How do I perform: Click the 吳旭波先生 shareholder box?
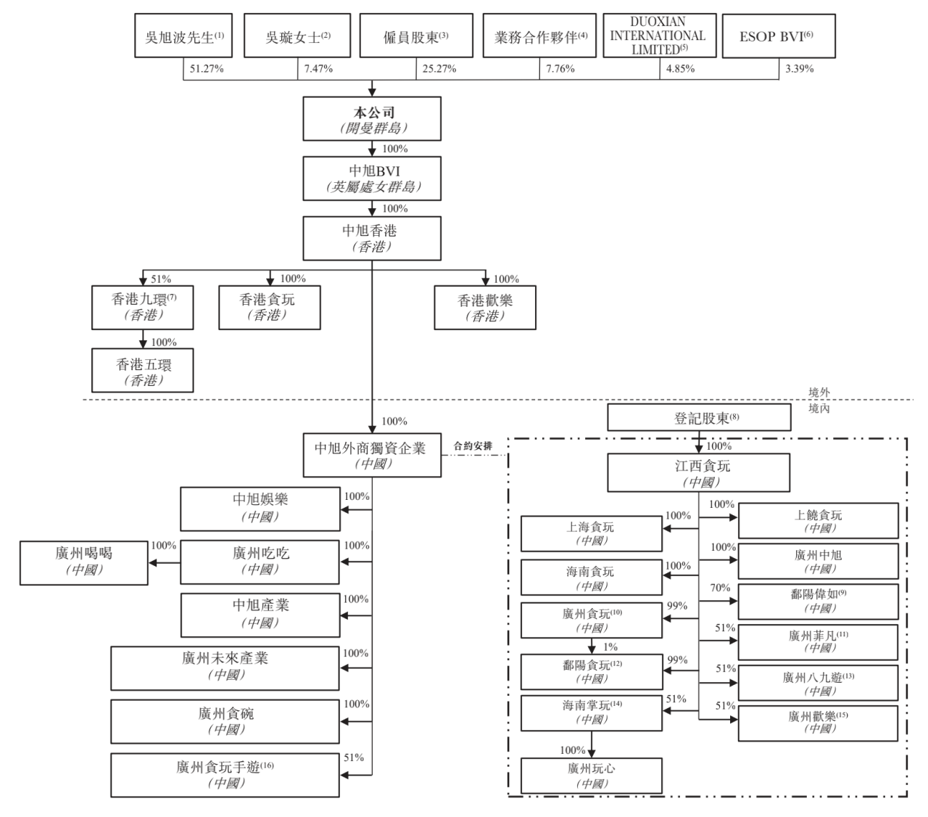coord(183,36)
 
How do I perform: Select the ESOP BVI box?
coord(778,36)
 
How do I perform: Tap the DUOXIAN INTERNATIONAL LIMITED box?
coord(659,36)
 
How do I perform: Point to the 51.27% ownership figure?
coord(207,69)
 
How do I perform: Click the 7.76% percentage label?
coord(560,69)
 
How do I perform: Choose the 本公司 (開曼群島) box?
coord(372,118)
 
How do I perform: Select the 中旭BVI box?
coord(372,178)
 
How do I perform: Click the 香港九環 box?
coord(142,307)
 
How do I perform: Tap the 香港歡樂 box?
coord(484,307)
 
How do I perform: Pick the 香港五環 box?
coord(142,370)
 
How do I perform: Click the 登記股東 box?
coord(699,417)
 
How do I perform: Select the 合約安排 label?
coord(473,446)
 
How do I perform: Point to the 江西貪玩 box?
coord(698,472)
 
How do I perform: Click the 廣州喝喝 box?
coord(84,562)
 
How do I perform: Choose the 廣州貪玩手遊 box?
coord(225,775)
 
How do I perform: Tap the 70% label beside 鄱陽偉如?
coord(720,587)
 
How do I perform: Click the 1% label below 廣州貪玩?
coord(610,646)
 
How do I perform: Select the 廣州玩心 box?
coord(592,776)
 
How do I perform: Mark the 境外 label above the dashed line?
coord(819,393)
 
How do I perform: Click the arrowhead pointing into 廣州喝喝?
coord(152,562)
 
